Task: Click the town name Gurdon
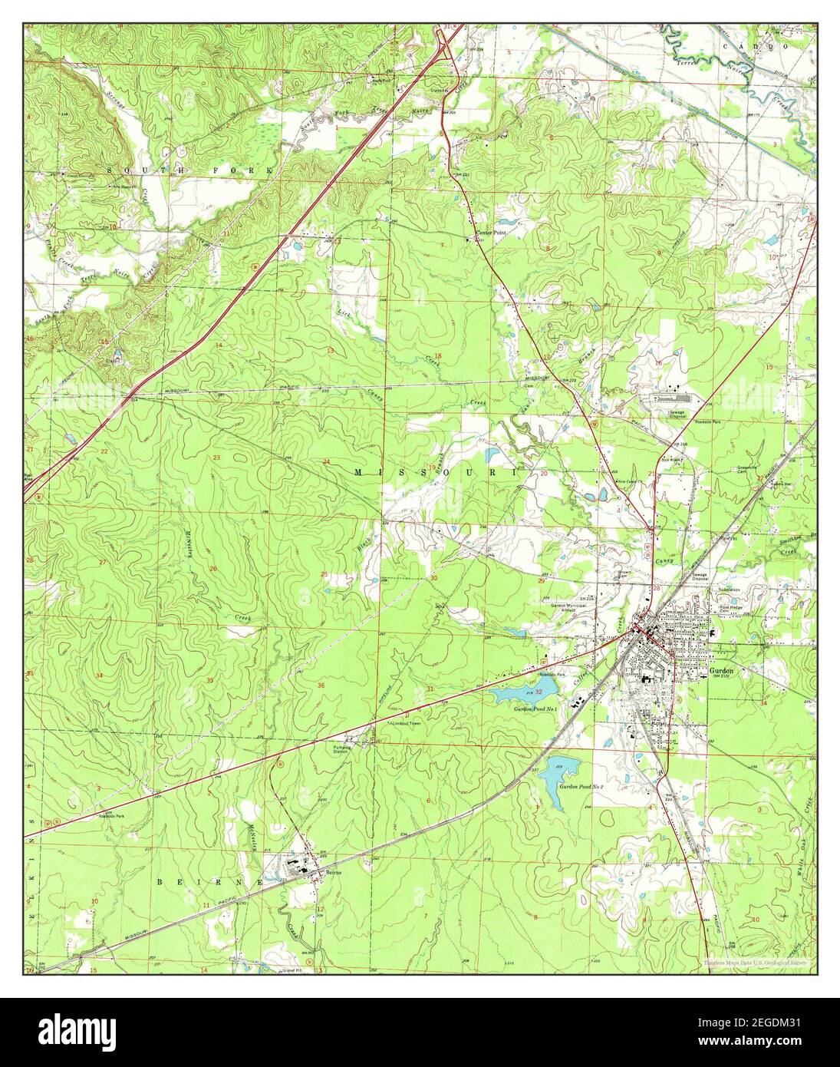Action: pos(721,669)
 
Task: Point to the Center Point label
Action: pos(491,232)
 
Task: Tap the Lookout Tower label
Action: pos(406,723)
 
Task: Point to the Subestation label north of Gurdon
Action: pos(728,590)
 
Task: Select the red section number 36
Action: pos(320,685)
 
